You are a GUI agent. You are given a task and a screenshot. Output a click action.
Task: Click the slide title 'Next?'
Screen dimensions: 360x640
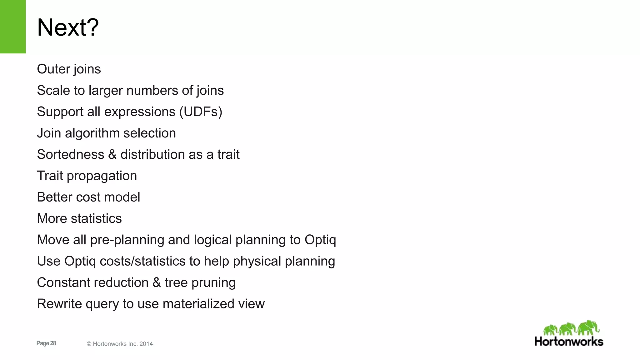pos(68,27)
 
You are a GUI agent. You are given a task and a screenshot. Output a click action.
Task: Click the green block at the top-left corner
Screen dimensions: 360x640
pos(12,27)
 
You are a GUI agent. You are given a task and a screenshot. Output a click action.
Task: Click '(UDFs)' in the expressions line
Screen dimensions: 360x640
pos(201,112)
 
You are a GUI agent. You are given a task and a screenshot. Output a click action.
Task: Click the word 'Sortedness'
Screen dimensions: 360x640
pos(71,155)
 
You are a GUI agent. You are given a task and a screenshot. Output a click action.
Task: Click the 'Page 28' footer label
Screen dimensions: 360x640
pos(46,343)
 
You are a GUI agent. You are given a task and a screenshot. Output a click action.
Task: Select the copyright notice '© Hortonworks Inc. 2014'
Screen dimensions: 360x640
pos(120,344)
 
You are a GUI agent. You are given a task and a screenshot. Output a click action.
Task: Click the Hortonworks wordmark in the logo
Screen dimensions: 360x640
pos(569,342)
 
